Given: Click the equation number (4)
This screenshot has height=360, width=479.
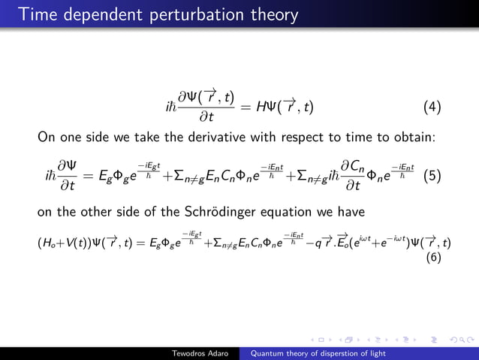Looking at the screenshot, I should (432, 107).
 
